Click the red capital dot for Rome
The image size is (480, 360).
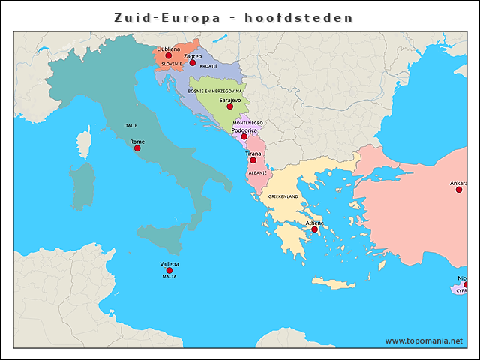(137, 148)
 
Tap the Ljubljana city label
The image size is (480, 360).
(169, 49)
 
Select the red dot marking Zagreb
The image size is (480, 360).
(193, 63)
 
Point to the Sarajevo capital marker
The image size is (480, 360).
(230, 106)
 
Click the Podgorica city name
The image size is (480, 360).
(244, 129)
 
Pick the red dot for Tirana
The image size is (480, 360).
(253, 160)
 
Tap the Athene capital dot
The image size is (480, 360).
(315, 229)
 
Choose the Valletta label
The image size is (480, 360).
(169, 263)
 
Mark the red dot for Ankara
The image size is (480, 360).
(459, 190)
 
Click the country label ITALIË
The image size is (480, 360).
(130, 125)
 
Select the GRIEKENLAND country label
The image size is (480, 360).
(283, 196)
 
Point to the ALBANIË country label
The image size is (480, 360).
(257, 172)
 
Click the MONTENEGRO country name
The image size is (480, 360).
(247, 122)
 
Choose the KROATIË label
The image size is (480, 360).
(208, 66)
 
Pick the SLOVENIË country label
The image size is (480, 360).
(172, 64)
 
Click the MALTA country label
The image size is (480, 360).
(169, 276)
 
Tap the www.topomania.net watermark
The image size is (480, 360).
(424, 340)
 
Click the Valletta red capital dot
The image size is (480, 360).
(169, 270)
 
